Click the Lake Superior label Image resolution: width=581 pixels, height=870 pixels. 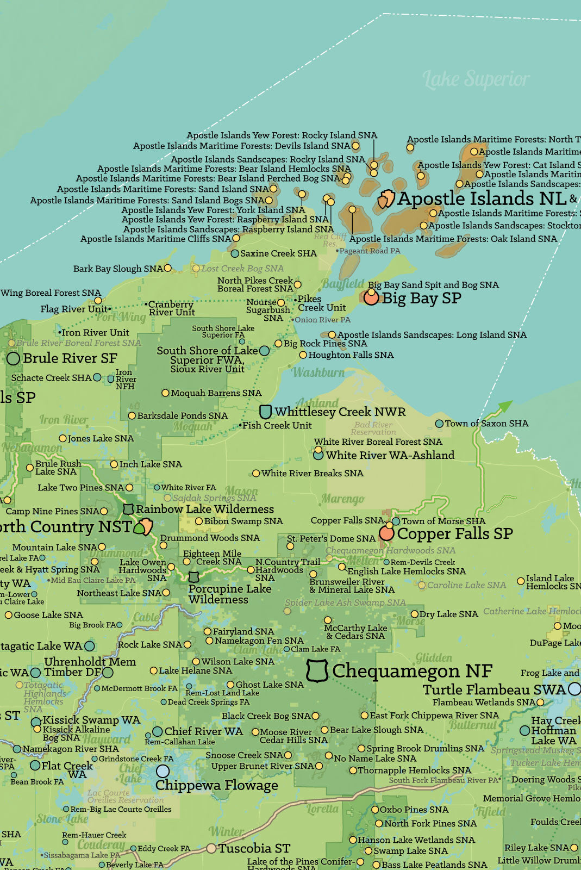(x=476, y=80)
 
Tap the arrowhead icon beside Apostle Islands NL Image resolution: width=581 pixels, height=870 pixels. (x=386, y=199)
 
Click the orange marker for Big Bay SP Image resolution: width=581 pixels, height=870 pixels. (x=371, y=297)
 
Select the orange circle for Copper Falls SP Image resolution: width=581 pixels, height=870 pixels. (x=386, y=533)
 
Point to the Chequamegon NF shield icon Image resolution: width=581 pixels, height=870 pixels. (x=317, y=671)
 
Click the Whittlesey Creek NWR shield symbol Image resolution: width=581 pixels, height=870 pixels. (x=265, y=412)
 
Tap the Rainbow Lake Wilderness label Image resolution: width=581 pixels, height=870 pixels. (x=205, y=509)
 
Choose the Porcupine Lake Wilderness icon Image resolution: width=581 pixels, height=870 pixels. (x=193, y=577)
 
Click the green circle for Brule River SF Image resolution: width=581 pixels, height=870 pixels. (x=14, y=358)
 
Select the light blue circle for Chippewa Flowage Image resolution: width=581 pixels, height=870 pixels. (x=163, y=771)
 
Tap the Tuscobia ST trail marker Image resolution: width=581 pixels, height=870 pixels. (x=211, y=848)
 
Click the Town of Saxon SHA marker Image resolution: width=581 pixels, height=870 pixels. (x=439, y=424)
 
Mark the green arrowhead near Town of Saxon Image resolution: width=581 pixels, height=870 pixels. (x=505, y=406)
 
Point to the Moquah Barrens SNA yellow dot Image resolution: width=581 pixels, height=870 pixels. (x=165, y=393)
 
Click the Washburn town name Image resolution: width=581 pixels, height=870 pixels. (x=318, y=372)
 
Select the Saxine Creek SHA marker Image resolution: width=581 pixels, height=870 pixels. (x=235, y=253)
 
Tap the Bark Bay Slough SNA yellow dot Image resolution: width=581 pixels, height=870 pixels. (x=168, y=268)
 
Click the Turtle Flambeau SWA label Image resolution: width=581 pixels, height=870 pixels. (x=495, y=689)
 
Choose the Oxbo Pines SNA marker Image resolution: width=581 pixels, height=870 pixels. (x=374, y=810)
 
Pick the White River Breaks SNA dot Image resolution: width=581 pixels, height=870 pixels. (x=256, y=474)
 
